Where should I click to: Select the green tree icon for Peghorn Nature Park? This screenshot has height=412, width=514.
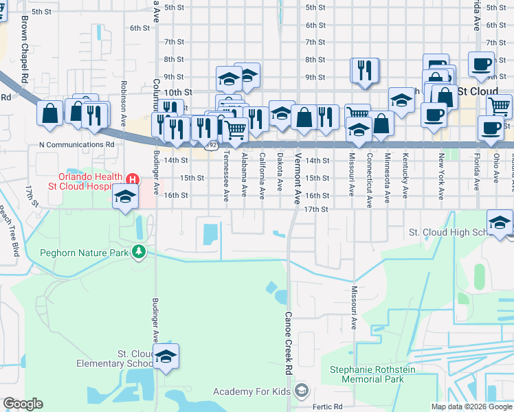coord(139,252)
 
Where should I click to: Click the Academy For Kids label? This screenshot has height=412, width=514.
coord(252,391)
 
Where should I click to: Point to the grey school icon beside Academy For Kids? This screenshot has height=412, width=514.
coord(300,391)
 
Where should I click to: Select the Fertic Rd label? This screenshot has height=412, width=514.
coord(327,407)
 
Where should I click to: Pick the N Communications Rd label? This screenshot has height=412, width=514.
coord(77,145)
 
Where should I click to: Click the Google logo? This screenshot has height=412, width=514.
coord(23,404)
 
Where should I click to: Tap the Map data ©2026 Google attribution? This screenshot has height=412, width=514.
coord(471,407)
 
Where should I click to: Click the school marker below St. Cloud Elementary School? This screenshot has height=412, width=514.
coord(166,356)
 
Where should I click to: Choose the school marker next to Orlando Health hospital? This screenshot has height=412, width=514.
coord(125,198)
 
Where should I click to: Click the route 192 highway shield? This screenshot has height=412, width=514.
coord(212,146)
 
